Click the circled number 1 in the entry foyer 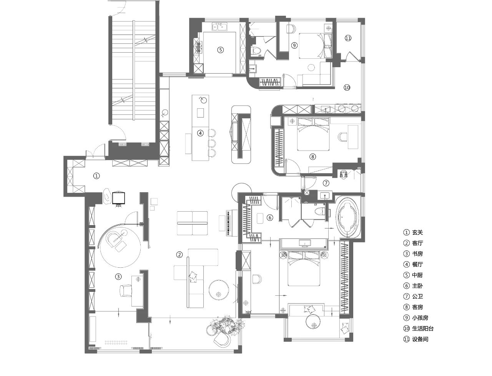click(96, 176)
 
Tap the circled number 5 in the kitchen click(220, 50)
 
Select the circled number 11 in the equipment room click(348, 38)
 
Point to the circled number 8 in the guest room click(312, 156)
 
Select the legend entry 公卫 click(417, 296)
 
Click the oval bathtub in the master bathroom click(348, 217)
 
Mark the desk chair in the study click(126, 290)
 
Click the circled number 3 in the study click(118, 276)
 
